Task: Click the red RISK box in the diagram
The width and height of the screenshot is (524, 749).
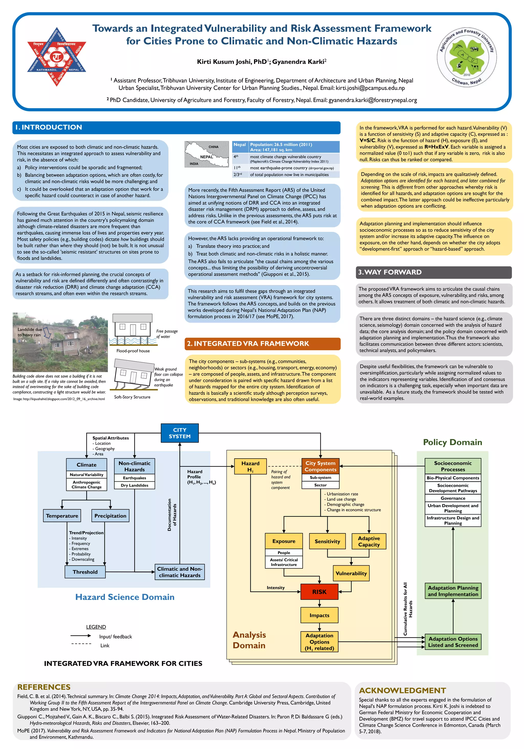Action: (319, 592)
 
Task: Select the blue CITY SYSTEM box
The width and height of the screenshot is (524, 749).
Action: (180, 433)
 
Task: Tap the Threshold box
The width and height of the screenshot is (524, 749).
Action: (85, 572)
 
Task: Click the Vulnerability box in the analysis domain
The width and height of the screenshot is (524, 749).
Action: (351, 573)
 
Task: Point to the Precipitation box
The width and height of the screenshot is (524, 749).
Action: (110, 515)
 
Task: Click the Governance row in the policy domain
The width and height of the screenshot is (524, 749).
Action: (453, 498)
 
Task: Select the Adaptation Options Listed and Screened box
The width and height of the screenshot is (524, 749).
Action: (453, 642)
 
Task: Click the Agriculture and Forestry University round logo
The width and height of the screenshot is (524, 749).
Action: (466, 57)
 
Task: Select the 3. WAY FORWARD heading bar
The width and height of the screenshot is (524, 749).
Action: (433, 272)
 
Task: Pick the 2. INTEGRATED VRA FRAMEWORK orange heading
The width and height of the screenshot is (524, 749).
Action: (262, 343)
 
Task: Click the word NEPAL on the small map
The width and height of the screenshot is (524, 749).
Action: (206, 157)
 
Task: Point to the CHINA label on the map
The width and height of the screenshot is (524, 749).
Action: (213, 147)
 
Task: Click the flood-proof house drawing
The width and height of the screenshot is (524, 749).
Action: (133, 330)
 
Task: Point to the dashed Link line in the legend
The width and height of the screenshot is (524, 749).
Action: (81, 644)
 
